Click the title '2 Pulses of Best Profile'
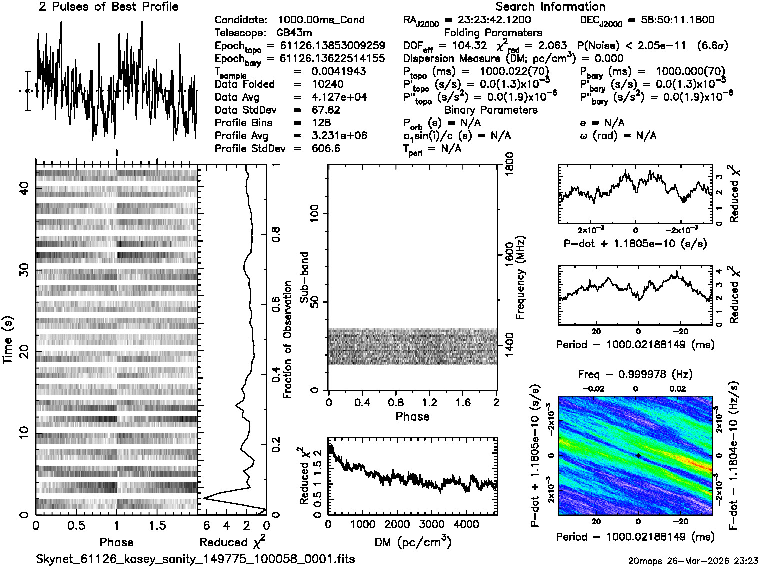[108, 7]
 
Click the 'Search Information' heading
[550, 7]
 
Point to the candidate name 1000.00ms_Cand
[321, 20]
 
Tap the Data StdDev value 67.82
[326, 110]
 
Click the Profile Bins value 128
[321, 123]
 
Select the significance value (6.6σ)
[714, 46]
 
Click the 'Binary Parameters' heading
[491, 110]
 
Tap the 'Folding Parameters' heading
[493, 33]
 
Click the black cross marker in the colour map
[638, 455]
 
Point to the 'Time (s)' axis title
[8, 340]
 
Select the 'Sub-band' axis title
[304, 277]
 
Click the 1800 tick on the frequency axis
[509, 163]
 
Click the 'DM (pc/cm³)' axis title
[413, 542]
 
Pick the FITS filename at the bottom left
[195, 559]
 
